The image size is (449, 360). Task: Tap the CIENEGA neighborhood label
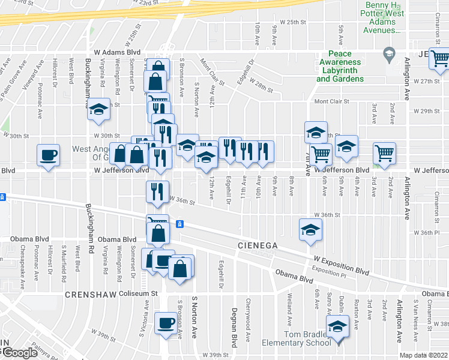pos(256,245)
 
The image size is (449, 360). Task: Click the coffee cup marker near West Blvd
pos(48,155)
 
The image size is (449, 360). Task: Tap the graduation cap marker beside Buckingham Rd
pos(99,110)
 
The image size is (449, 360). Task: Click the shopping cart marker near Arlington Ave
pos(384,153)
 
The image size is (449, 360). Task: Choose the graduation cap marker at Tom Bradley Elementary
pos(337,327)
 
